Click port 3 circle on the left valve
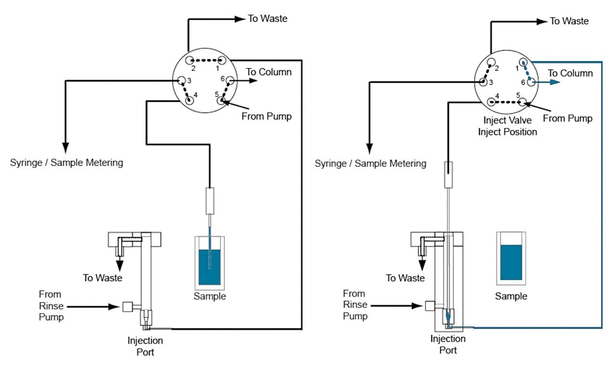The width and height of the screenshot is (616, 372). (182, 80)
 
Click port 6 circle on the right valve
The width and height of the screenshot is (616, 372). (530, 82)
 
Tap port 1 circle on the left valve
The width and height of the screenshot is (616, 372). (221, 61)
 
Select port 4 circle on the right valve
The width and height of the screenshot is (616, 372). (491, 102)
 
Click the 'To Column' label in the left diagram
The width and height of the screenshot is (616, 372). (269, 72)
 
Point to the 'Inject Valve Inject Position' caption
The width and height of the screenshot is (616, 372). (507, 127)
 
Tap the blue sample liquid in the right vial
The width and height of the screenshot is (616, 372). (511, 262)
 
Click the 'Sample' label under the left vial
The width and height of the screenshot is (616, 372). (209, 296)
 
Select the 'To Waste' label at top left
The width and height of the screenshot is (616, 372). (267, 19)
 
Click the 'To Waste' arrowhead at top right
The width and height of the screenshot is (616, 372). (542, 21)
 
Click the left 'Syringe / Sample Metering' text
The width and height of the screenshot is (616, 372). (66, 163)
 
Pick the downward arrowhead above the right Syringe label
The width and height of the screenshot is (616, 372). (370, 146)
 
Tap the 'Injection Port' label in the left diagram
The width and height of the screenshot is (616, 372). (145, 346)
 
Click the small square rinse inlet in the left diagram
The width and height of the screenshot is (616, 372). (128, 307)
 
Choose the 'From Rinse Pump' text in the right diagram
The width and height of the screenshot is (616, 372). (355, 305)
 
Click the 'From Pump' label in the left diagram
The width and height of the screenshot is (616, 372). (267, 116)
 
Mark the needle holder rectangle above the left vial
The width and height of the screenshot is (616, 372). (209, 201)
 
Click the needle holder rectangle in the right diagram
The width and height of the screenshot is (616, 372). (448, 174)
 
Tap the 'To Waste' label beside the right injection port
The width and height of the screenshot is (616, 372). (405, 278)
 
